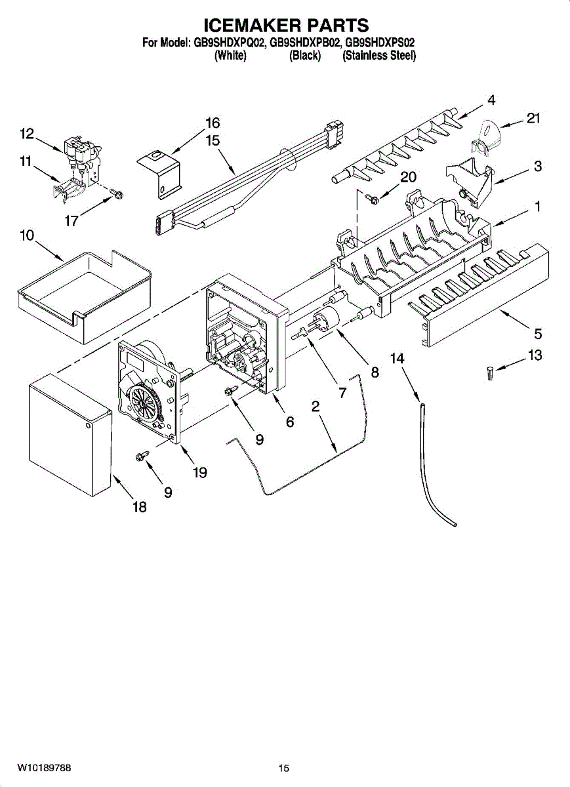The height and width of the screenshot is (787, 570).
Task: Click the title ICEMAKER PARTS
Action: [287, 26]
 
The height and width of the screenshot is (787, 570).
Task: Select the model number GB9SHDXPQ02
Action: [228, 43]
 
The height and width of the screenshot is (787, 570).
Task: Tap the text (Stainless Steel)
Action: [379, 56]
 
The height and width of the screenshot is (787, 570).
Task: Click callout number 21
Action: [533, 118]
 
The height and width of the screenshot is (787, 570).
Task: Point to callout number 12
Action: [27, 134]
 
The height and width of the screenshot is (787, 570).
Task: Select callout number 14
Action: [397, 359]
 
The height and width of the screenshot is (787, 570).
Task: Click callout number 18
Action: [140, 507]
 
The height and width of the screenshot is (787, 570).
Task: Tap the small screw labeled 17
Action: [116, 193]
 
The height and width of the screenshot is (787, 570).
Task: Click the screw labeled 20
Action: [372, 200]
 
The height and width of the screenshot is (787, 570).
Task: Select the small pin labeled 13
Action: [489, 373]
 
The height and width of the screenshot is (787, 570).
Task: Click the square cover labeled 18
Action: [70, 435]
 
